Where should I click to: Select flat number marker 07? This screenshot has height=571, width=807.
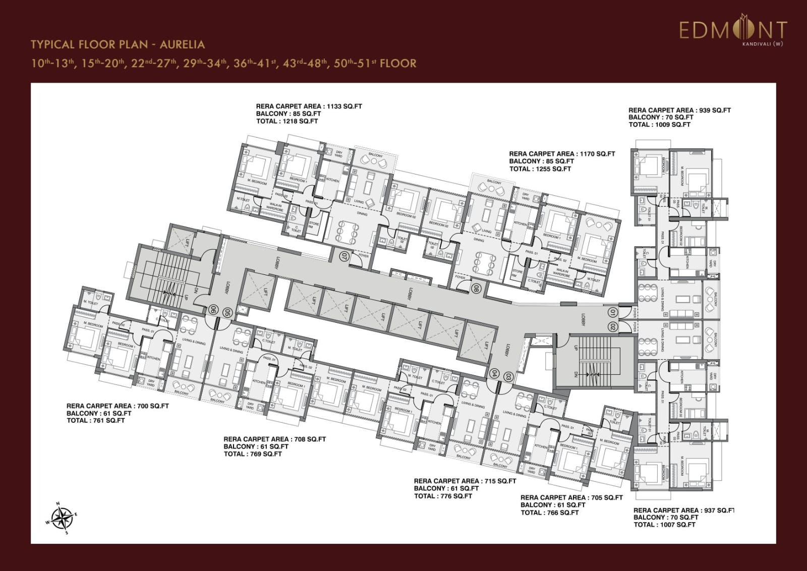[345, 256]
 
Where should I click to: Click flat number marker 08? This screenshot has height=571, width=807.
[476, 289]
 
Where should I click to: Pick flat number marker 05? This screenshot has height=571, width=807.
[227, 313]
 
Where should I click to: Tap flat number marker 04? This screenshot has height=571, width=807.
[494, 374]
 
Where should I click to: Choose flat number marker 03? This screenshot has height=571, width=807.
[508, 377]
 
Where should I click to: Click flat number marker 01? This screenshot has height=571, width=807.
[613, 313]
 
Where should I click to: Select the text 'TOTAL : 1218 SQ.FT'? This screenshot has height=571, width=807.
[287, 121]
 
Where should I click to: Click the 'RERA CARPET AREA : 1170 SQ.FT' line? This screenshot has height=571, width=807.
[562, 154]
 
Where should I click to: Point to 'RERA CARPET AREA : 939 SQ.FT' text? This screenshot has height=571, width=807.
[679, 110]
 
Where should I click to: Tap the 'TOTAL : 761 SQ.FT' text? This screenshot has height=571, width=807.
[95, 420]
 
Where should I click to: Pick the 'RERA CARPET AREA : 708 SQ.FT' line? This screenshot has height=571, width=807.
[274, 439]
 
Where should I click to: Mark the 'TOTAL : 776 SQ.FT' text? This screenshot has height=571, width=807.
[443, 496]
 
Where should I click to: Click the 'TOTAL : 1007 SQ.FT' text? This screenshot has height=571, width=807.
[664, 525]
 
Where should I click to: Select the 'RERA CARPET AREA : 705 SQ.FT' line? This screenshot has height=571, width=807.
[571, 497]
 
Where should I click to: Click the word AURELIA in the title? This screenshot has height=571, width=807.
[182, 44]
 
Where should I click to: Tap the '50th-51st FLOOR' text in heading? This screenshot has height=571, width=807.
[375, 64]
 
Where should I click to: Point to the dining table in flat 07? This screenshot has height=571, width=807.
[348, 233]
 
